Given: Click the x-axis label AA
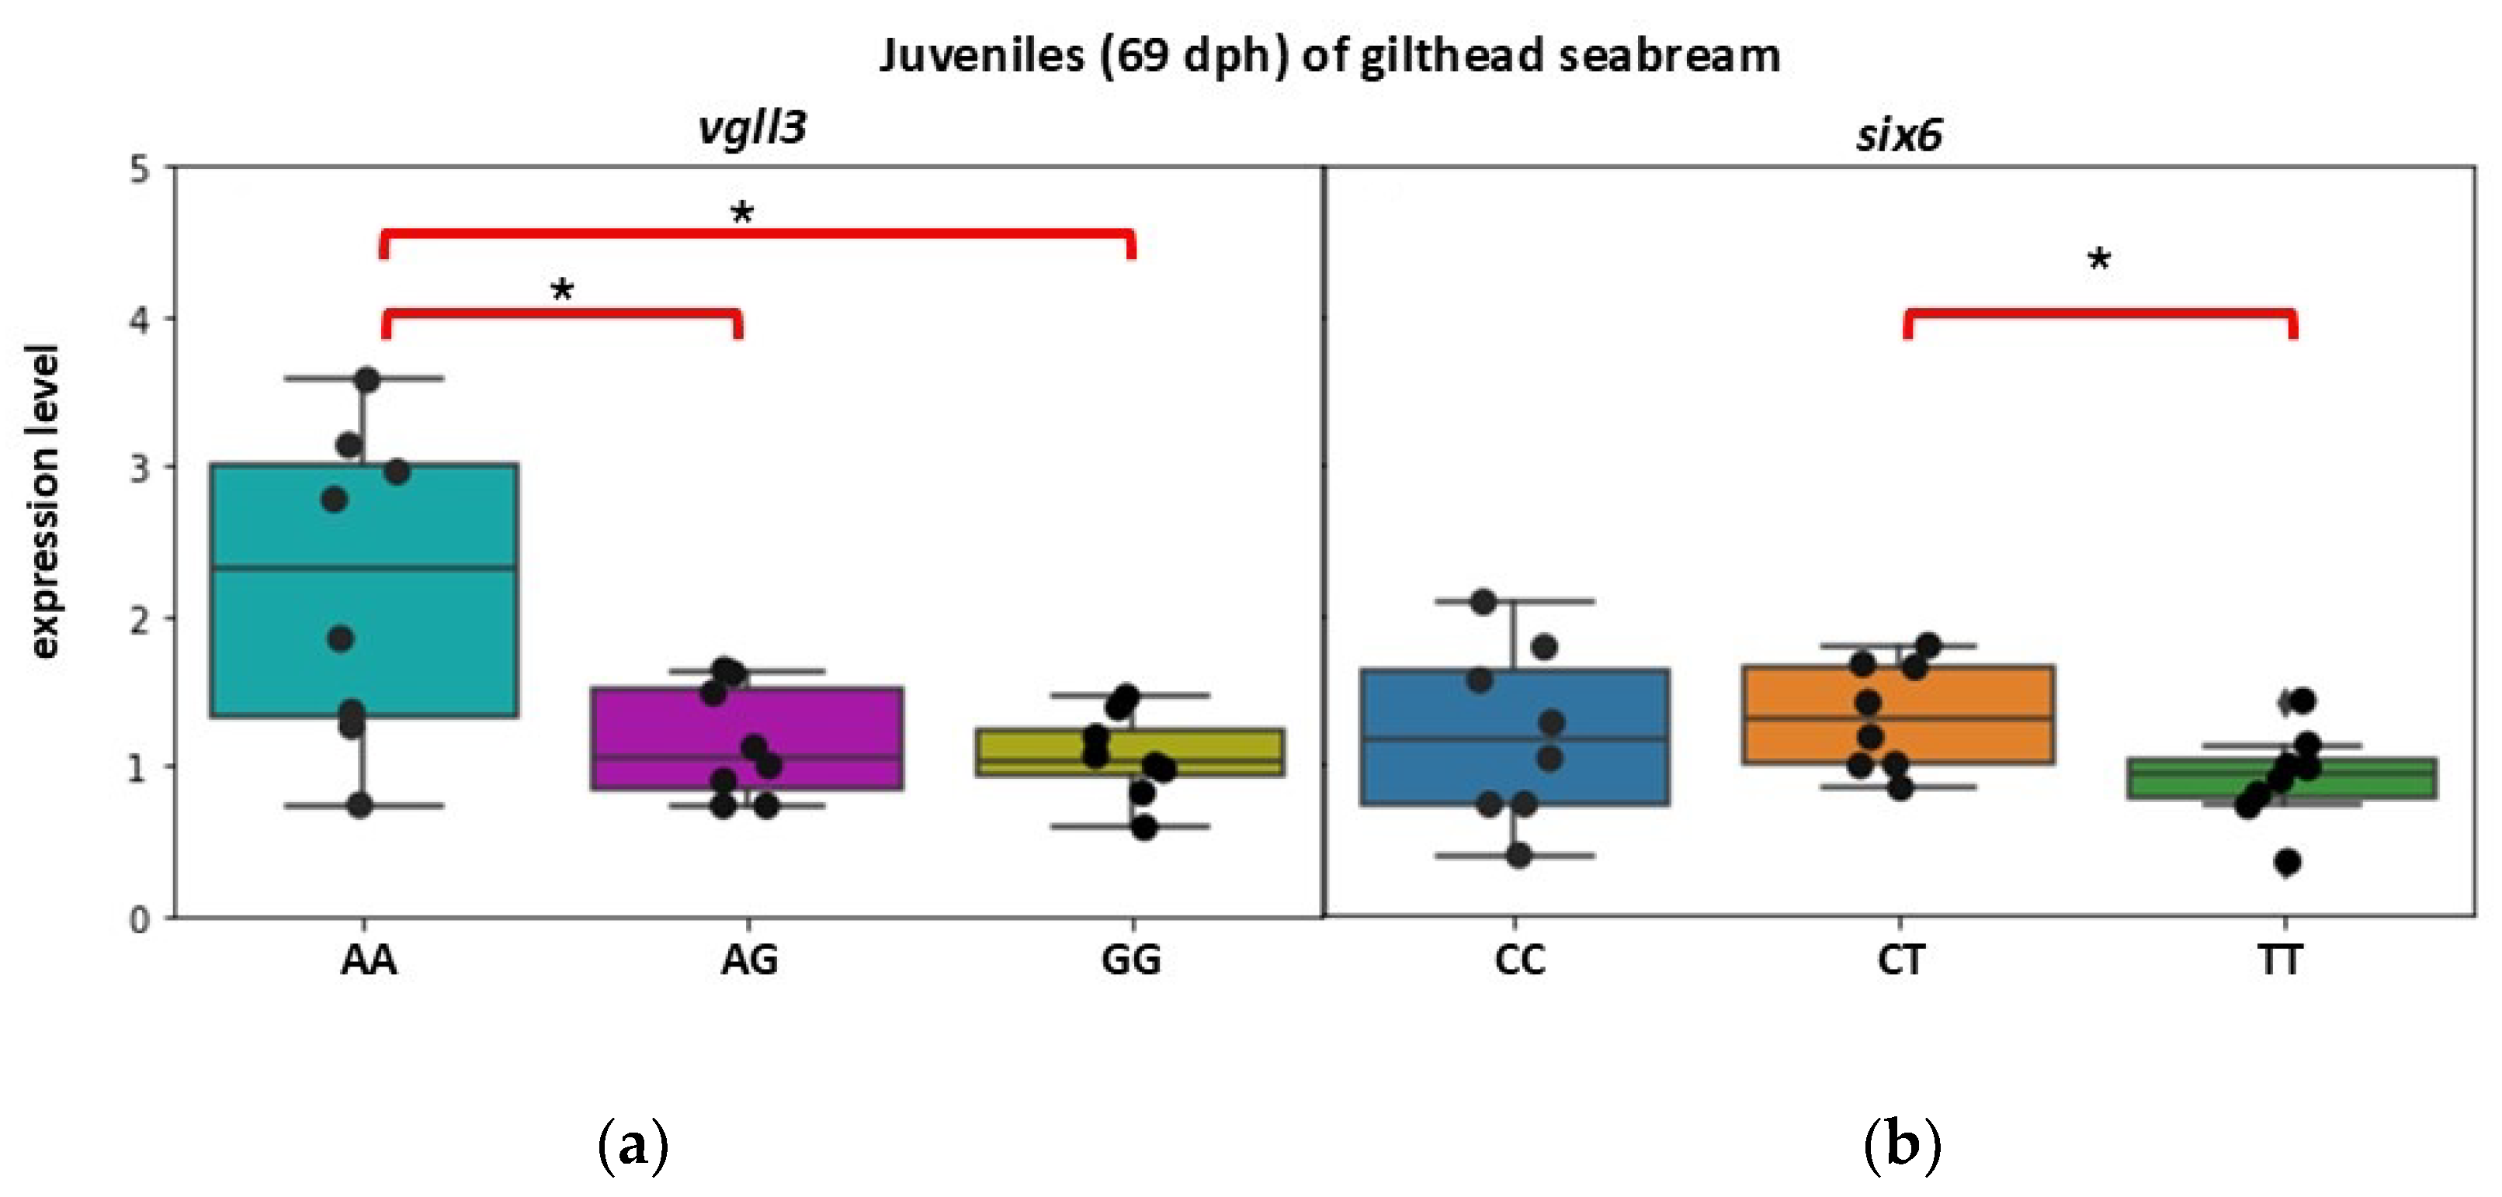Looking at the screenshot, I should pos(368,960).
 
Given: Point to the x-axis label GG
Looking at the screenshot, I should pos(1130,960).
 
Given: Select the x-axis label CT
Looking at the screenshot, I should pos(1900,960).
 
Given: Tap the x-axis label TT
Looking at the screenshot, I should pos(2279,960).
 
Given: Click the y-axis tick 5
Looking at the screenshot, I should pos(141,170).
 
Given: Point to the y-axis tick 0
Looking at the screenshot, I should pos(141,919).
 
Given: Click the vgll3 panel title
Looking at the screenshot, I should pos(753,128).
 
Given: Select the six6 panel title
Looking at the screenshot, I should pos(1899,134).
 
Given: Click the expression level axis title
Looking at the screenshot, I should pos(43,502).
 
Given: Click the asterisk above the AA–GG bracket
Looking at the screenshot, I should pos(742,213).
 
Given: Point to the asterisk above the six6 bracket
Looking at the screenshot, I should pos(2099,259).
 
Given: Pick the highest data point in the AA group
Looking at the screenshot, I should pos(367,379).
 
